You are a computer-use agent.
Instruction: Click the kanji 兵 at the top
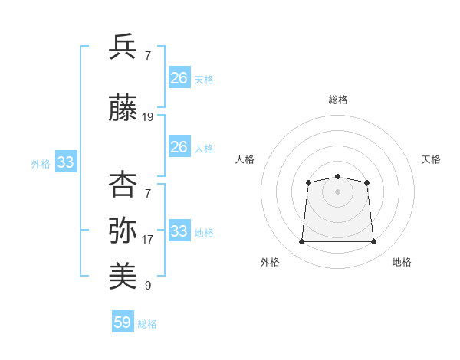point(123,47)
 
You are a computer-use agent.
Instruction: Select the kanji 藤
point(123,107)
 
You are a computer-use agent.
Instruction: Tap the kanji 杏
point(123,184)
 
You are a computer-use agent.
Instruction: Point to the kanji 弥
point(123,230)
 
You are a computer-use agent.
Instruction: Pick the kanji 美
point(123,276)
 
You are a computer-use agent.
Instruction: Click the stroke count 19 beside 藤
point(147,117)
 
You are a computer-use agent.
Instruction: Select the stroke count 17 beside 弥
point(147,240)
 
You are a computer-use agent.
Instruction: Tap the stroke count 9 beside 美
point(148,286)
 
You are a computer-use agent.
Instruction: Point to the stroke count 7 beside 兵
point(148,56)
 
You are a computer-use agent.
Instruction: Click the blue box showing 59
point(123,321)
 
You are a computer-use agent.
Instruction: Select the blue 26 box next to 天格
point(179,77)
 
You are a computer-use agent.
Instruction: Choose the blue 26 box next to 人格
point(179,146)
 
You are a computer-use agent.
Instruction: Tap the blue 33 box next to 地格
point(179,230)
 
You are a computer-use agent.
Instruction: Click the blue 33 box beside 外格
point(66,162)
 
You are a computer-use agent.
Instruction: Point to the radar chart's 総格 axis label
point(338,100)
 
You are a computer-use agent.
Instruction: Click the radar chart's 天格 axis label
point(431,159)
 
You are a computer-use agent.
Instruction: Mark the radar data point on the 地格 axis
point(373,241)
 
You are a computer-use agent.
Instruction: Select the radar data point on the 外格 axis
point(302,241)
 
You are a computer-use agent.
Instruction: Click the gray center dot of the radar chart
point(337,191)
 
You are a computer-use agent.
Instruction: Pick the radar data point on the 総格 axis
point(337,176)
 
